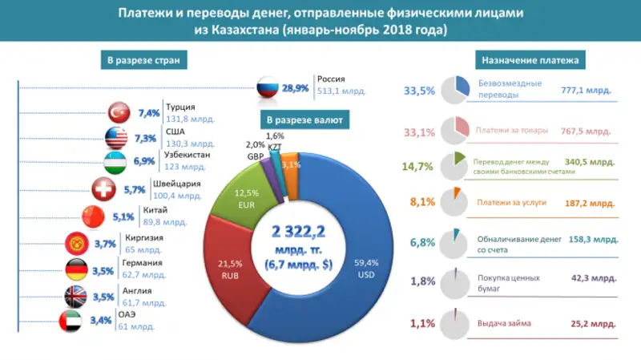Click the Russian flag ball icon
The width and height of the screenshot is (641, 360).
coord(268,86)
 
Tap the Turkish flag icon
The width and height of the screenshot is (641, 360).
coord(119,113)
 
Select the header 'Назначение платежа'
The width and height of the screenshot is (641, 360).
coord(531,60)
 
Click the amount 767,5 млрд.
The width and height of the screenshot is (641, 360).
coord(587,130)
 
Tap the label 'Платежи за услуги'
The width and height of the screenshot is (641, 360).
coord(506,204)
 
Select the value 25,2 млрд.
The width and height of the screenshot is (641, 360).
coord(593,324)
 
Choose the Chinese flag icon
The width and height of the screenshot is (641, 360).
coord(94,216)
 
